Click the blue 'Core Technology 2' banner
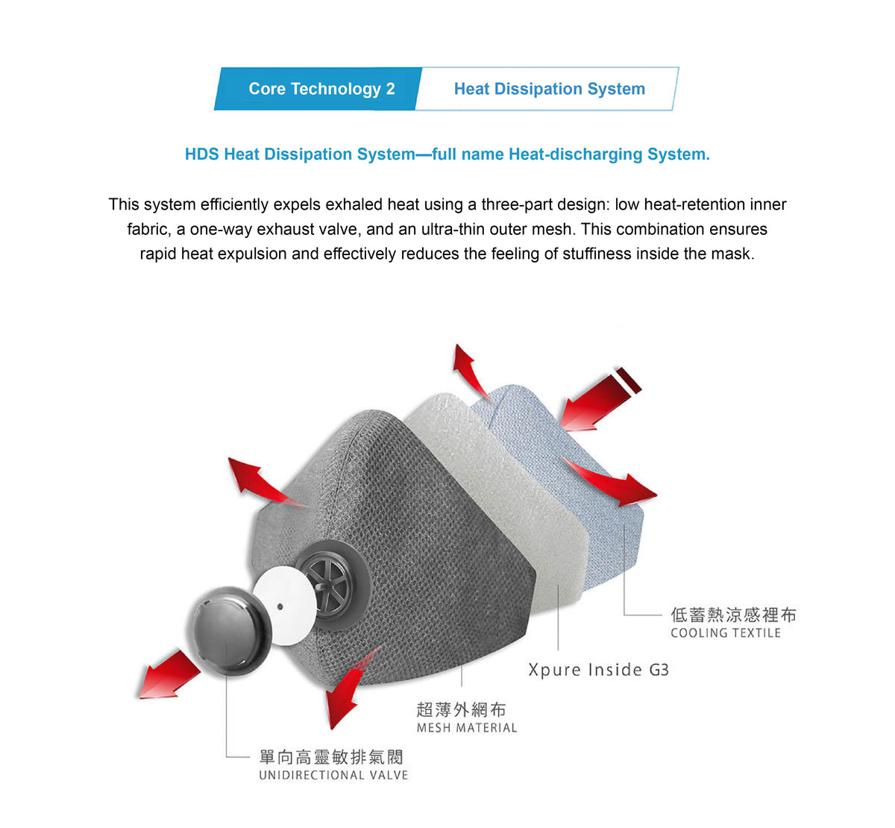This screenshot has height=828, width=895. (x=318, y=89)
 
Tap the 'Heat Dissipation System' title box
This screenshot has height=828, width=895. (x=547, y=89)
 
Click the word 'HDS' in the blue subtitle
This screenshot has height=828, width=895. (x=202, y=154)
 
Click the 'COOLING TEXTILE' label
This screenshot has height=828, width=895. (x=725, y=633)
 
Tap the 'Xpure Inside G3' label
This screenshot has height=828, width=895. (x=598, y=670)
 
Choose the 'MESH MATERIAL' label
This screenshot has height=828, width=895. (x=466, y=728)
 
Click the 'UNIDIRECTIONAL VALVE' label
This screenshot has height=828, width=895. (x=333, y=775)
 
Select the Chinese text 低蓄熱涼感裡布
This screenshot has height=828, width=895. (x=733, y=615)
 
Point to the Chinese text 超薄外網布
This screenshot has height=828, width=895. (x=461, y=709)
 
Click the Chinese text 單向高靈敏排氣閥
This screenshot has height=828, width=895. (x=331, y=757)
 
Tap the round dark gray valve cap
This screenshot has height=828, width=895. (x=230, y=630)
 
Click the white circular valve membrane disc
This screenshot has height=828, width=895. (x=284, y=606)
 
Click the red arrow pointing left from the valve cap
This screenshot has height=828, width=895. (x=169, y=675)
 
